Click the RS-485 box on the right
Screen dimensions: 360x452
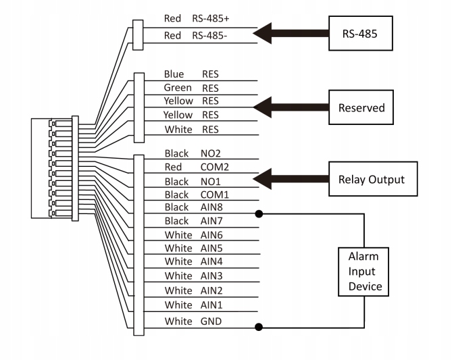coord(361,32)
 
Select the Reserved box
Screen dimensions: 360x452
coord(361,108)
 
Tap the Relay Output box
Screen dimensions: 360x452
coord(371,180)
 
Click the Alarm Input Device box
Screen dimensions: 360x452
coord(365,272)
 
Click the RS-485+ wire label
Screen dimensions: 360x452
coord(214,20)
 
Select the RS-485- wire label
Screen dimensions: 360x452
coord(212,35)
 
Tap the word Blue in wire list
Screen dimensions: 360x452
coord(174,74)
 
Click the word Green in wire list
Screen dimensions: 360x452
coord(178,88)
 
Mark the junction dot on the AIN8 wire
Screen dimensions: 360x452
coord(258,213)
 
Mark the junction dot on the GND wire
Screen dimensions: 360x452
coord(258,328)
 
